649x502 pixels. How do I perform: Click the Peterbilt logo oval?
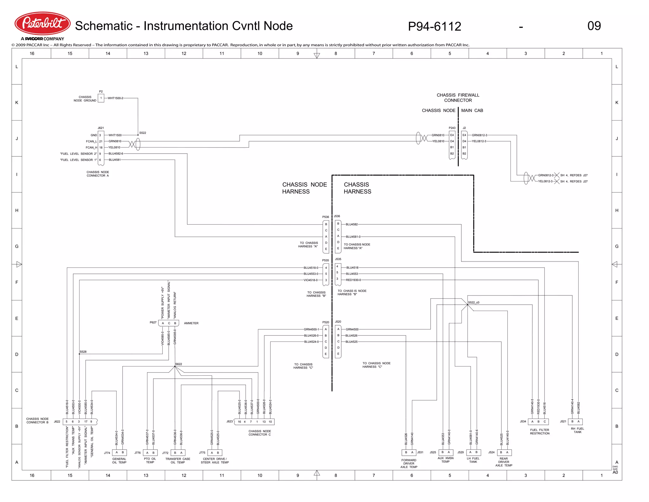click(42, 23)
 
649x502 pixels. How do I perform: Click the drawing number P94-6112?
click(434, 26)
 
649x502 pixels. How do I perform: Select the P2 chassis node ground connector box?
click(101, 98)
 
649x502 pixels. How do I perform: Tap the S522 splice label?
click(143, 133)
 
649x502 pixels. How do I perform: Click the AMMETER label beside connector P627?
click(191, 323)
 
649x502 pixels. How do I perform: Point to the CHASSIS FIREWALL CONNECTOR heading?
click(458, 98)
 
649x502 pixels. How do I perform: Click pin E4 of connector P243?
click(452, 135)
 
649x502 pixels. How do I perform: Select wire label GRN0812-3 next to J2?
click(479, 135)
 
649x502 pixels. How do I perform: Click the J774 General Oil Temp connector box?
click(119, 452)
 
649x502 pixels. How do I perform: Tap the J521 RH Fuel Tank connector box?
click(575, 421)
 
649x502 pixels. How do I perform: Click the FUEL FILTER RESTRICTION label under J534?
click(540, 432)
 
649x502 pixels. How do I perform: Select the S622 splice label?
click(179, 364)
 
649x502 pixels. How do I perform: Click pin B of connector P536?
click(326, 224)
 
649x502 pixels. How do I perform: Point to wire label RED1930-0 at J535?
click(353, 280)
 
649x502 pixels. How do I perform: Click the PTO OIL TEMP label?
click(150, 460)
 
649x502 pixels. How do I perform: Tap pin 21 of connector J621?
click(101, 141)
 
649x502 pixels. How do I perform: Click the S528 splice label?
click(83, 352)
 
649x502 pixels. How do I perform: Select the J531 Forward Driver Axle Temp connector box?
click(409, 452)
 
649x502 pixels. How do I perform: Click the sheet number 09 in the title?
click(594, 26)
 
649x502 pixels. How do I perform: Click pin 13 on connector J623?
click(264, 422)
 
